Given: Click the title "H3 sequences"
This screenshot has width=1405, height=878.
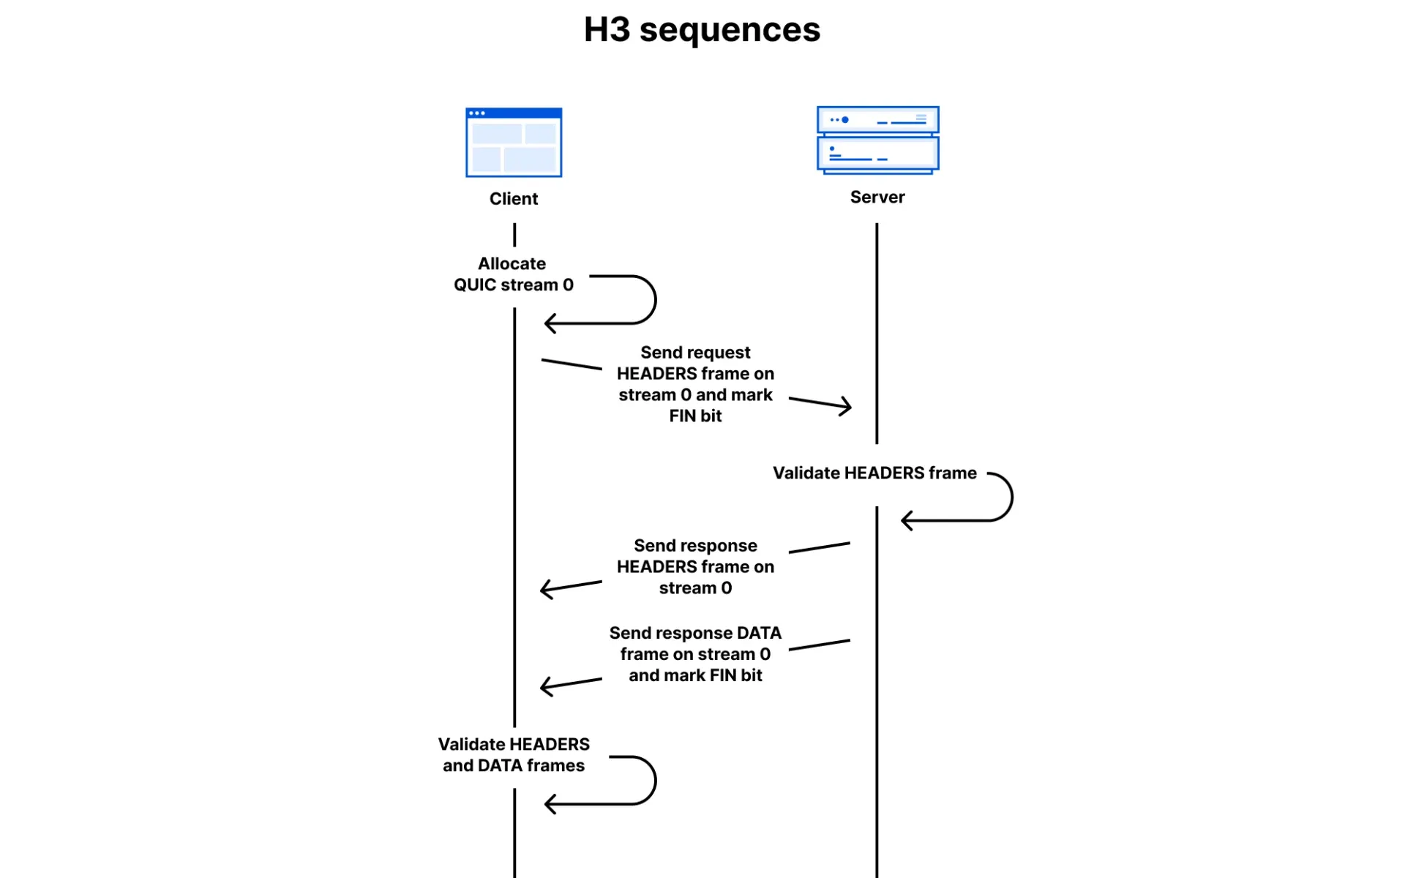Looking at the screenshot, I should pyautogui.click(x=702, y=30).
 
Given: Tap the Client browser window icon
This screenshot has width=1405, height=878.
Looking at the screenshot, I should pyautogui.click(x=514, y=143).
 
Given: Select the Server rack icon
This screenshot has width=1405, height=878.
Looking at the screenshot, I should pyautogui.click(x=877, y=140).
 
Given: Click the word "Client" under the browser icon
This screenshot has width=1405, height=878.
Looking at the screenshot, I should pyautogui.click(x=513, y=199).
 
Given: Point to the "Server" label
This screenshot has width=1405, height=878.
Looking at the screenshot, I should pyautogui.click(x=877, y=197).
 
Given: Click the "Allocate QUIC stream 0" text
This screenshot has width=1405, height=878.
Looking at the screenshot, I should pyautogui.click(x=513, y=274).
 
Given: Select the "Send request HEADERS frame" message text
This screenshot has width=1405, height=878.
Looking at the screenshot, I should pyautogui.click(x=695, y=383).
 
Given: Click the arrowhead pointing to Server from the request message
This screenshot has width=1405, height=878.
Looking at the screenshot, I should pyautogui.click(x=847, y=406).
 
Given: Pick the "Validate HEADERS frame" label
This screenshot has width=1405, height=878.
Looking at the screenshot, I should pyautogui.click(x=874, y=473).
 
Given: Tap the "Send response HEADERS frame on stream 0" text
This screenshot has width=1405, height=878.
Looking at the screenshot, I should pyautogui.click(x=695, y=566).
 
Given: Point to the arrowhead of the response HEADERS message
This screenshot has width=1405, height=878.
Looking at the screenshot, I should pyautogui.click(x=544, y=589).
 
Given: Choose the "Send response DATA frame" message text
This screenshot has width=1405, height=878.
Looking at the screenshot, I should pyautogui.click(x=695, y=653).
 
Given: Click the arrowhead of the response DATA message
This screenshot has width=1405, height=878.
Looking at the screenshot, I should pyautogui.click(x=544, y=686).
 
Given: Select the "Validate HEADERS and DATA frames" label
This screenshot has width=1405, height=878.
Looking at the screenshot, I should pyautogui.click(x=514, y=754).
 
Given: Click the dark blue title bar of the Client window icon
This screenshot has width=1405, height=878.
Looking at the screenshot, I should pyautogui.click(x=514, y=113).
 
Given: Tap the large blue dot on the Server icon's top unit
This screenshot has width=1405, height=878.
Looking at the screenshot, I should pyautogui.click(x=845, y=120).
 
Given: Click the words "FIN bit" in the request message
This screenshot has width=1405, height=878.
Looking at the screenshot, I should pyautogui.click(x=695, y=416).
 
